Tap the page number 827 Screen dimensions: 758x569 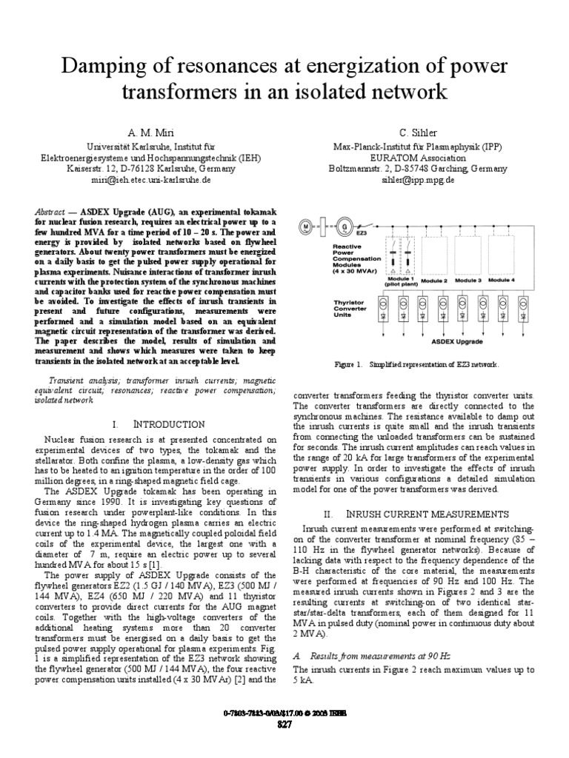tap(284, 725)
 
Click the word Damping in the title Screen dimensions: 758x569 tap(98, 67)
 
